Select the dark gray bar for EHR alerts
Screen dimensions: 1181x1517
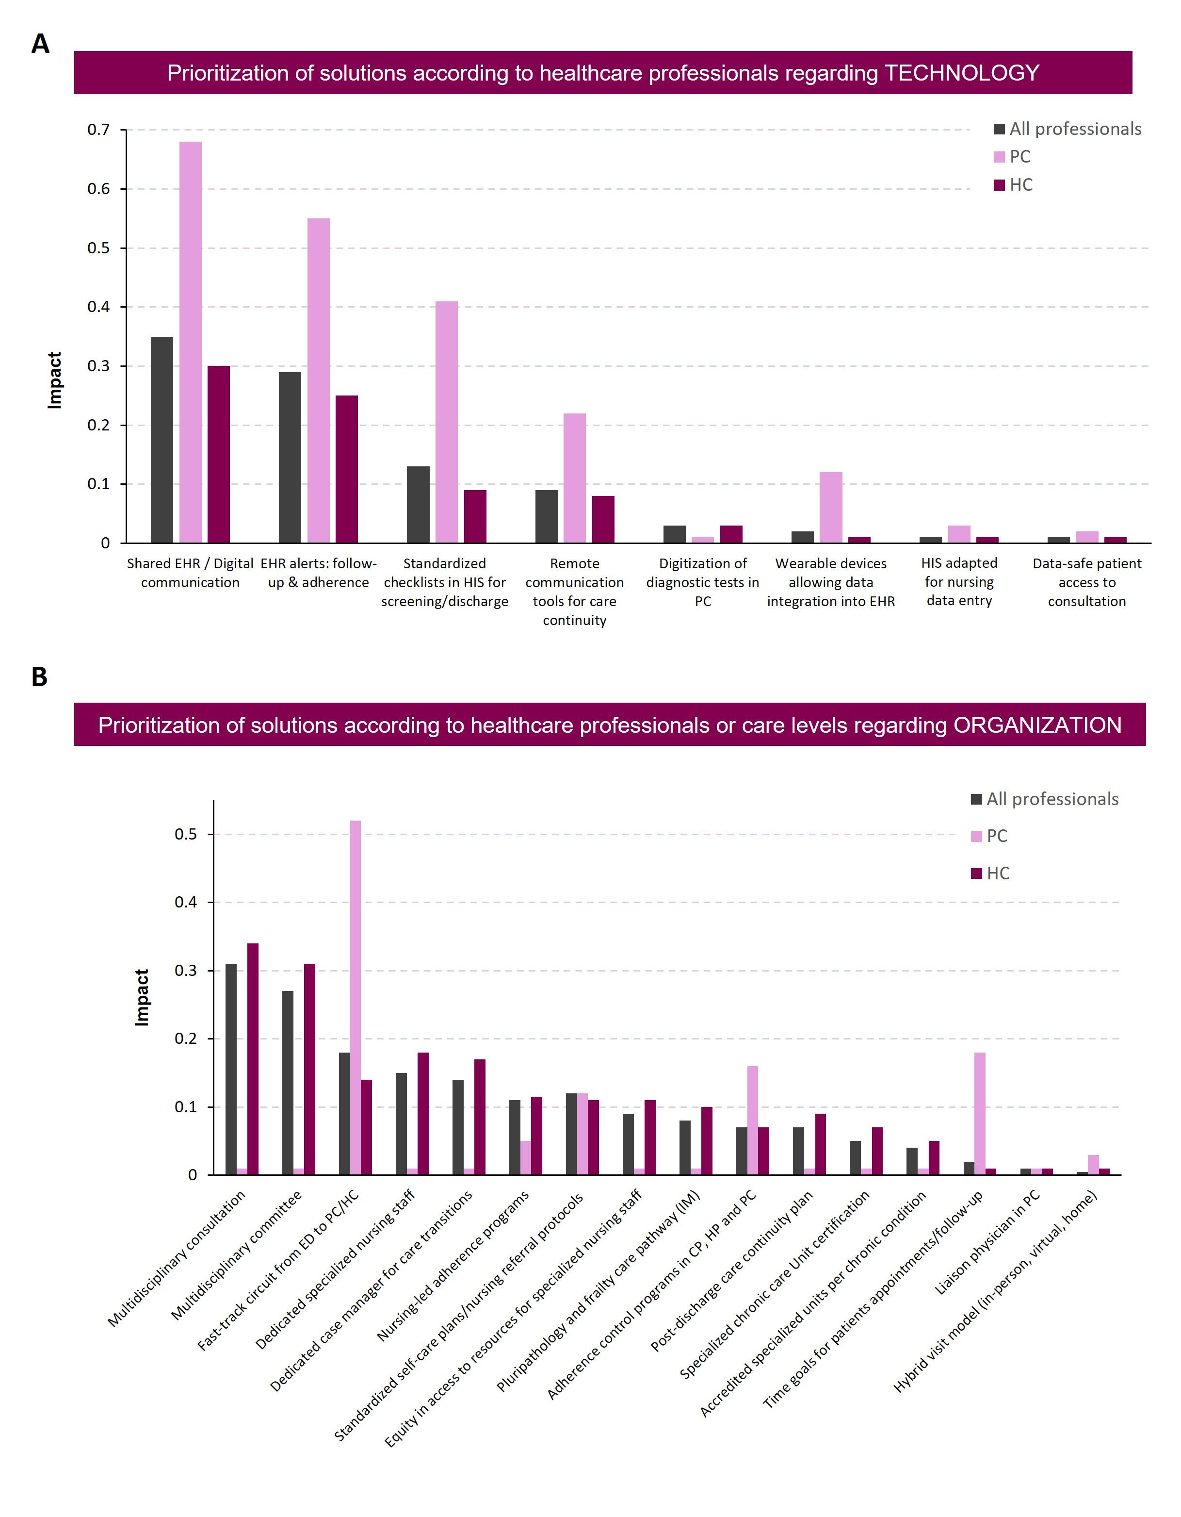click(x=290, y=457)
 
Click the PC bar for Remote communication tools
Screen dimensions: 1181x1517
click(x=574, y=478)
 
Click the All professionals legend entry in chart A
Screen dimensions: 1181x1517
click(x=1067, y=129)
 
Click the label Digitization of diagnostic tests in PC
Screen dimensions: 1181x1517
click(x=703, y=582)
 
